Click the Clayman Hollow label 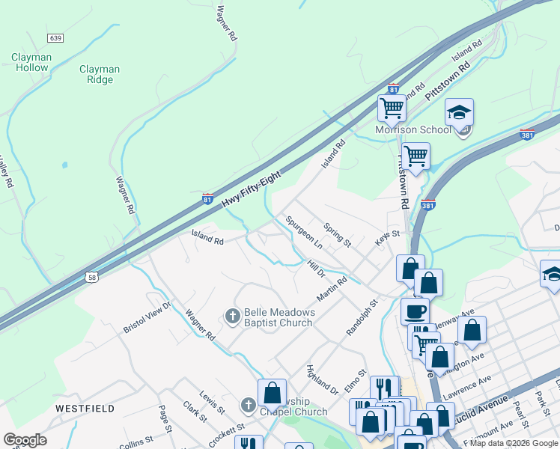(x=31, y=62)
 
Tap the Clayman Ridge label (x=100, y=74)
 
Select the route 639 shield (x=55, y=37)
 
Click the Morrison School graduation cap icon (x=459, y=113)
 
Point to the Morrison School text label (x=413, y=129)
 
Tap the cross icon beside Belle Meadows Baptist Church (x=232, y=317)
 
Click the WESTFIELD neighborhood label (x=85, y=409)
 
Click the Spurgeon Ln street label (x=303, y=233)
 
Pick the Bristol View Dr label (x=147, y=317)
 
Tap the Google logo (x=25, y=440)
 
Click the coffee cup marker (x=415, y=311)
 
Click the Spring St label (x=337, y=235)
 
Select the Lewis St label (x=212, y=402)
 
